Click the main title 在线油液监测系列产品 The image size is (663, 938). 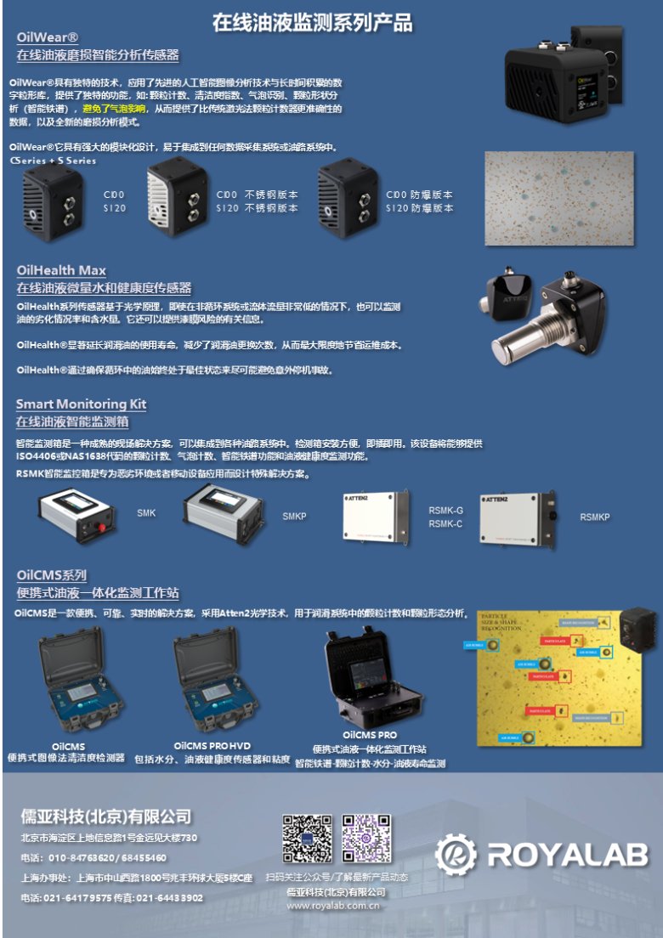[312, 21]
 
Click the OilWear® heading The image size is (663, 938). [48, 37]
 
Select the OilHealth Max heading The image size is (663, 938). [61, 270]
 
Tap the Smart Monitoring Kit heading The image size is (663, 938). [82, 404]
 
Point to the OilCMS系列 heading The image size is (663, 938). [51, 575]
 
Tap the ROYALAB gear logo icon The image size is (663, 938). [456, 853]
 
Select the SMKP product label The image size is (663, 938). [294, 516]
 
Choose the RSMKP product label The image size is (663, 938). [595, 517]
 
